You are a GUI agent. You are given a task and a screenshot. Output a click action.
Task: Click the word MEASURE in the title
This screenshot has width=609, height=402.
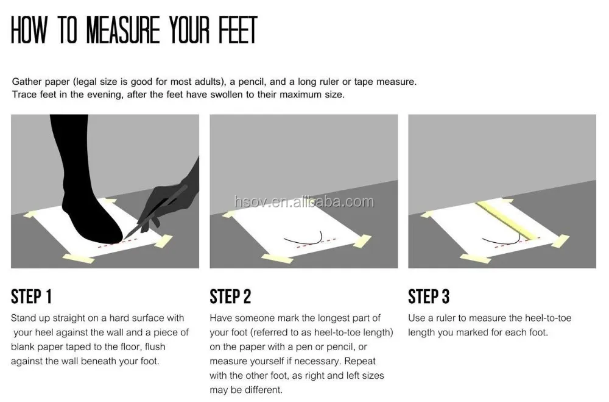point(123,29)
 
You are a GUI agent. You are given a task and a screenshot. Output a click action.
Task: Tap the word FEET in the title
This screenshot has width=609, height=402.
point(238,29)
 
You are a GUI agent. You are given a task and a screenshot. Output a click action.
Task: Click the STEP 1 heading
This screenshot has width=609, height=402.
point(31,296)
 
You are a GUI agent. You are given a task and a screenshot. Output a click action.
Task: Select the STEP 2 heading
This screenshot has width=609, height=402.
point(230,296)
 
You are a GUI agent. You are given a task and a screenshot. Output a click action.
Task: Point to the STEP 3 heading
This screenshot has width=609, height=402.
point(429,296)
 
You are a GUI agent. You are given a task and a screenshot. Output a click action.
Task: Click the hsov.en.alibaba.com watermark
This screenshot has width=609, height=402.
point(304,201)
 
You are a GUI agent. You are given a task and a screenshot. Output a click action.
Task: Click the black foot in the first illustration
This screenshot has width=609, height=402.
point(83,183)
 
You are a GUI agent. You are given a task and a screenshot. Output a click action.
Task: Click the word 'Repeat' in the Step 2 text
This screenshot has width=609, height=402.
point(360,361)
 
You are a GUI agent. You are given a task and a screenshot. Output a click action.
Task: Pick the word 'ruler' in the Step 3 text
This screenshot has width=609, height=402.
point(446,318)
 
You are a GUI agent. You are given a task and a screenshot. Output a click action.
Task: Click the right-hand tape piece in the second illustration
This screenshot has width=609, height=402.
point(362,241)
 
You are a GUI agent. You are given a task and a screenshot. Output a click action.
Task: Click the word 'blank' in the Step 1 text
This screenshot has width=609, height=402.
point(23,346)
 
